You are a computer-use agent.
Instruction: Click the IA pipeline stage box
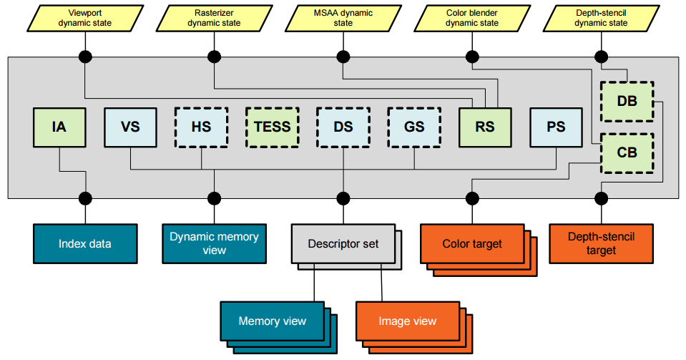tap(59, 127)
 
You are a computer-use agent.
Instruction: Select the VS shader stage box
tap(130, 127)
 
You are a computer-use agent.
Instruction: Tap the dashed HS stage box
tap(201, 127)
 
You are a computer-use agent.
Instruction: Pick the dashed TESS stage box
tap(272, 127)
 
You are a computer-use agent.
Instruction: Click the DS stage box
tap(343, 127)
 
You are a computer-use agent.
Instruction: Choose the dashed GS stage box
tap(413, 127)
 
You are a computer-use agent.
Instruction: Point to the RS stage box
tap(484, 127)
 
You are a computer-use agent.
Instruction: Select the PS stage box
tap(555, 127)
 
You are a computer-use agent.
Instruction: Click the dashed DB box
tap(627, 102)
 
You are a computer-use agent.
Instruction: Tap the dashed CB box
tap(627, 152)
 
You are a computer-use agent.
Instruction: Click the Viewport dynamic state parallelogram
tap(85, 18)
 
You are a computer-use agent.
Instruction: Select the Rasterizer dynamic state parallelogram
tap(214, 18)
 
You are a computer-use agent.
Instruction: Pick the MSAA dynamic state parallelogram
tap(343, 18)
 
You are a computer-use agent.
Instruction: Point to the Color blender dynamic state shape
tap(471, 18)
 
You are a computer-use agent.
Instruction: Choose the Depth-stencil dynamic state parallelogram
tap(600, 18)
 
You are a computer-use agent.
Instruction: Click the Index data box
tap(85, 243)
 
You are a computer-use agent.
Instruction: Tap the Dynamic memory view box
tap(214, 243)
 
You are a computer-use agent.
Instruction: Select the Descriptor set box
tap(343, 243)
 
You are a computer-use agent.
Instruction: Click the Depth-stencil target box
tap(600, 243)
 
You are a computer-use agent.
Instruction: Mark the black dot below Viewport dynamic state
tap(85, 57)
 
